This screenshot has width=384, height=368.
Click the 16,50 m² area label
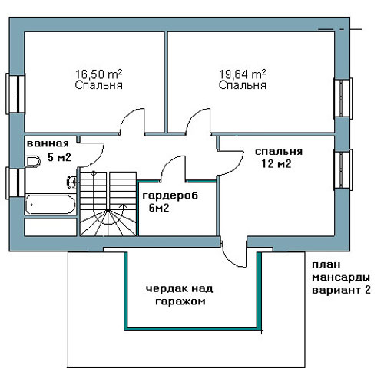pos(98,74)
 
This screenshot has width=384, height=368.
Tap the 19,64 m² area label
pos(243,74)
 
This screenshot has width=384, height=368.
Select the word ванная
pos(48,143)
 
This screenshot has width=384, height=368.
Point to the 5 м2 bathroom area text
pos(59,157)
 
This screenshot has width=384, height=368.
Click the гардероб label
pos(170,196)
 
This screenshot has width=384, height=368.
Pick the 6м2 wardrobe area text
pos(159,208)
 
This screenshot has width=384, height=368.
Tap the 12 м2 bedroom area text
pos(276,163)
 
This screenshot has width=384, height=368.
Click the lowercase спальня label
pos(279,152)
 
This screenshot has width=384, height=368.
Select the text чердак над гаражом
pos(180,295)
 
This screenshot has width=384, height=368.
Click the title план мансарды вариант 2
pos(341,278)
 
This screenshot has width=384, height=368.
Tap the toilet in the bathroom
pos(34,162)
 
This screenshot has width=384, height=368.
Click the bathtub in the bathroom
pos(51,205)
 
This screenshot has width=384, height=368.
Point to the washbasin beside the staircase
pos(71,182)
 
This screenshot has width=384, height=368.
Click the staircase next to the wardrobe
pos(108,204)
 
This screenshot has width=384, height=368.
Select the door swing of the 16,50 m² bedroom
pos(132,120)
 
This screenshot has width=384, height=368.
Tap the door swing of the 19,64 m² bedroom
pos(198,121)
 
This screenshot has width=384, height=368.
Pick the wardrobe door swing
pos(173,168)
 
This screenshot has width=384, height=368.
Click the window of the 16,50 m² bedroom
pos(15,94)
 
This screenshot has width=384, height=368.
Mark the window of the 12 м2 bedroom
pos(343,169)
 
